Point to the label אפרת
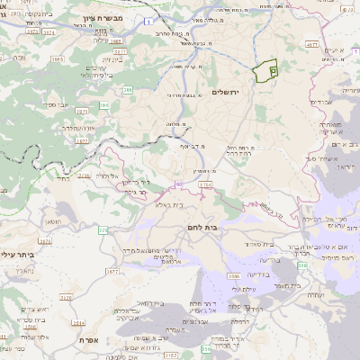pyautogui.click(x=88, y=341)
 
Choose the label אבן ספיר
pyautogui.click(x=53, y=104)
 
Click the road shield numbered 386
pyautogui.click(x=128, y=90)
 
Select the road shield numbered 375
pyautogui.click(x=103, y=231)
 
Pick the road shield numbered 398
pyautogui.click(x=303, y=266)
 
